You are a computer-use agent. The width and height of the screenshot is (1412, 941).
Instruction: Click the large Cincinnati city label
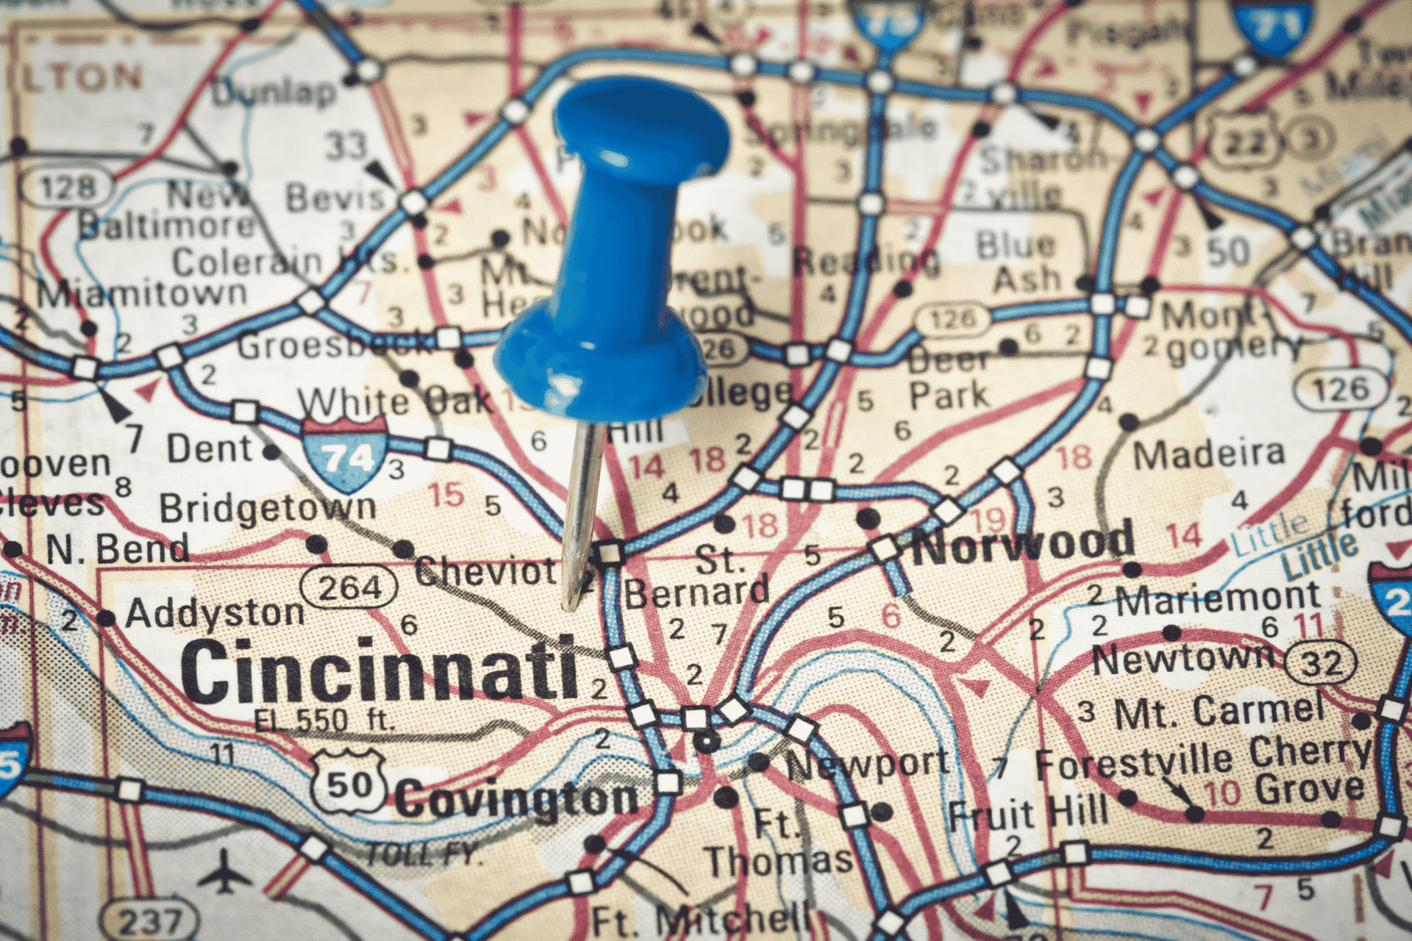[379, 670]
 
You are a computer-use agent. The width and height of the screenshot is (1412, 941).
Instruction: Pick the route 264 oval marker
[349, 587]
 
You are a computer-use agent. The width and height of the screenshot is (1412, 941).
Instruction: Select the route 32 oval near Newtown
[1322, 662]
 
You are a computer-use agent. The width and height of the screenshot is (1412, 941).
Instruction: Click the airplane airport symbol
[225, 873]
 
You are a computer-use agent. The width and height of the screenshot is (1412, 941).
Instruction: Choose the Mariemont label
[1218, 599]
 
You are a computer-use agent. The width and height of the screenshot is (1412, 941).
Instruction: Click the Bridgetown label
[268, 507]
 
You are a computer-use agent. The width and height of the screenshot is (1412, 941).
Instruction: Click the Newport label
[868, 765]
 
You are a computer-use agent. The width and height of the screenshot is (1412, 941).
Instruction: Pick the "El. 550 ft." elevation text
[324, 720]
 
